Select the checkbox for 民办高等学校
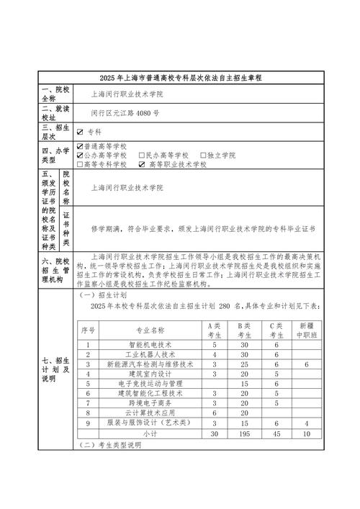(x=142, y=155)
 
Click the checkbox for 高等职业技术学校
(x=142, y=164)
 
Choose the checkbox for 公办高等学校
(x=80, y=155)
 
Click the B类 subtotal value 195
(x=243, y=434)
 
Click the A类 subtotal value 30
(x=214, y=434)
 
